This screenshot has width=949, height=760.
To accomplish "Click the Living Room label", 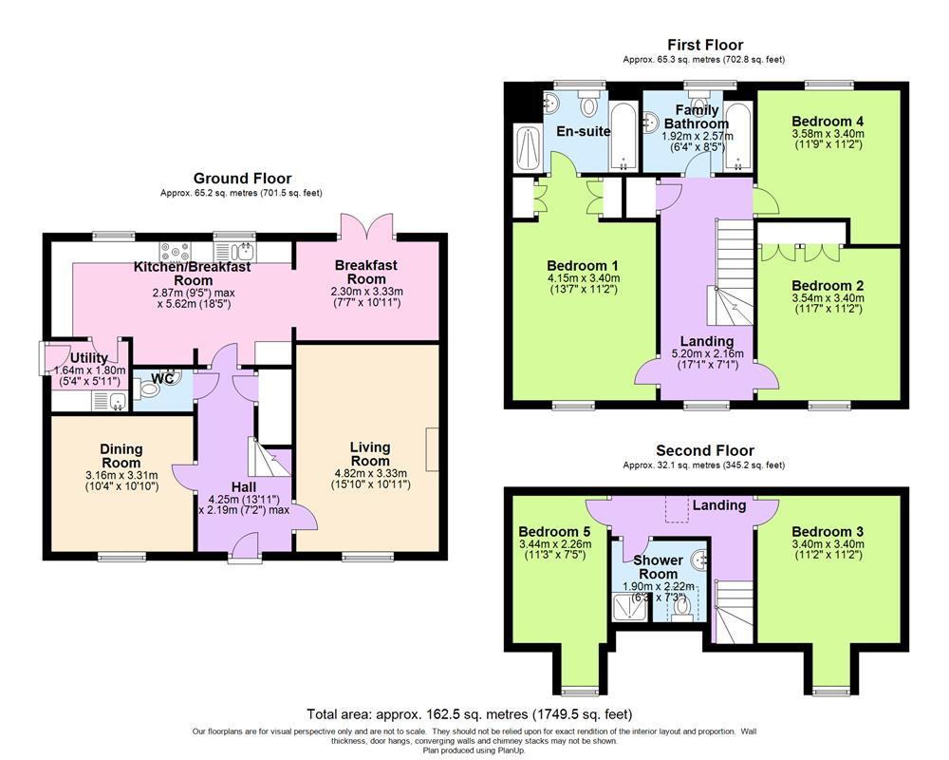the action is click(x=370, y=454).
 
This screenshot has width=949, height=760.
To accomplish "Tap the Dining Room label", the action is click(x=121, y=456).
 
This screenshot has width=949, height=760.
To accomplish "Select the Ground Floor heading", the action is click(x=242, y=179).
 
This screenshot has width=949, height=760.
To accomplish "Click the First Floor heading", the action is click(x=705, y=45).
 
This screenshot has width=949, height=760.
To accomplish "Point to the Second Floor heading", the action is click(x=705, y=450).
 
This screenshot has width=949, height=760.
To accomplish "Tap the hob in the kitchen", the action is click(x=175, y=252).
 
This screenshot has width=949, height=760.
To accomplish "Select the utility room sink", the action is click(x=109, y=401).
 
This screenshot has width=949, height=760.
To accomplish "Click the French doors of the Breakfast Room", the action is click(x=366, y=225).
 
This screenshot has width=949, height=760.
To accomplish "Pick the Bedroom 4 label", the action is click(x=828, y=122).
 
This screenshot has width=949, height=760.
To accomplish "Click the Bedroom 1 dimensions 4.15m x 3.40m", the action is click(x=583, y=278).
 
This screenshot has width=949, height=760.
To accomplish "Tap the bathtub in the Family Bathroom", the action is click(x=737, y=138).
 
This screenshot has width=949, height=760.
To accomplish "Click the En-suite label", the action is click(x=584, y=131).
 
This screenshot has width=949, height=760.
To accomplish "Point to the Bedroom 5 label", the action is click(x=554, y=531).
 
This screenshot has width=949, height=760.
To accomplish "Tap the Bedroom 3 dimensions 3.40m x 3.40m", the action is click(x=828, y=543).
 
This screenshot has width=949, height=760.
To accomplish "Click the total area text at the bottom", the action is click(x=469, y=714).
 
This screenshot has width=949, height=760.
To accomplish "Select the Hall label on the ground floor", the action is click(x=243, y=486).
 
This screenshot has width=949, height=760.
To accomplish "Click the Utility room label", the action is click(x=89, y=357).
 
